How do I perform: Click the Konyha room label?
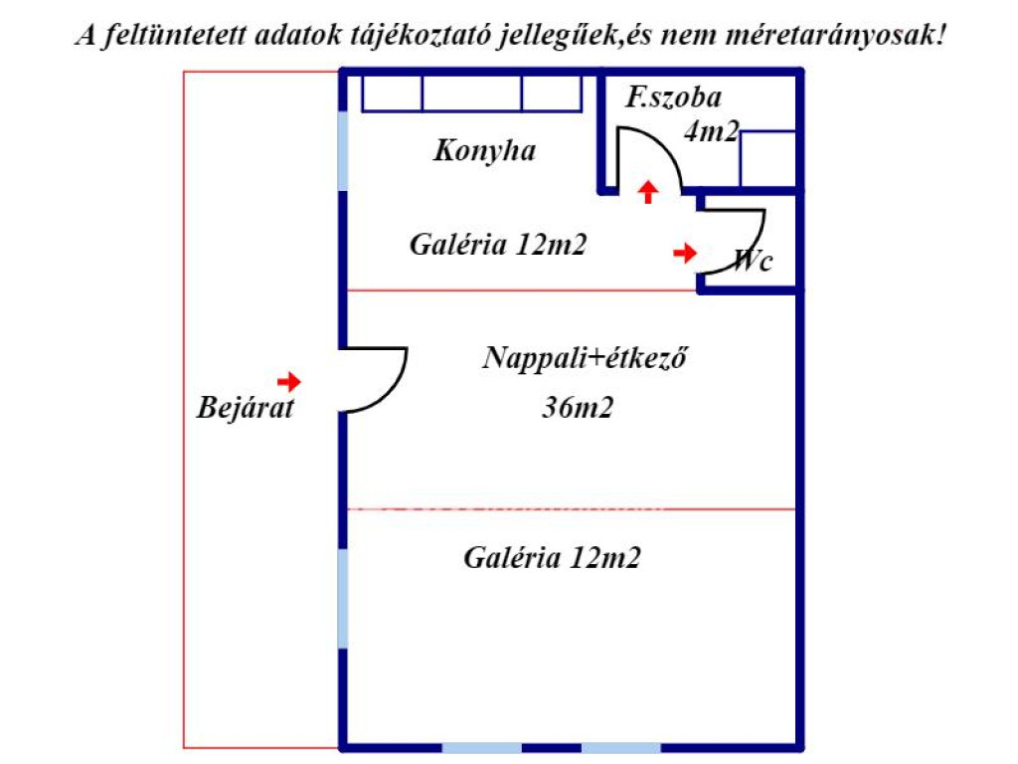click(x=484, y=151)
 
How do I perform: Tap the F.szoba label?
click(x=673, y=97)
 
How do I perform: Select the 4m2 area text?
click(x=712, y=132)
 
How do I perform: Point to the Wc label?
click(x=753, y=261)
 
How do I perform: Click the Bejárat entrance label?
click(x=246, y=408)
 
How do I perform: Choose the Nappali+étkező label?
click(x=585, y=358)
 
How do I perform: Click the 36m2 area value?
click(x=578, y=407)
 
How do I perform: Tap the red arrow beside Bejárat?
click(x=289, y=381)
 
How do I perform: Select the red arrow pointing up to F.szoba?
click(x=647, y=192)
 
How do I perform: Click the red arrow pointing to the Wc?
click(x=685, y=252)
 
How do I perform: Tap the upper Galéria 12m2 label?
click(x=498, y=245)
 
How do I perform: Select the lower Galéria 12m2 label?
click(x=552, y=558)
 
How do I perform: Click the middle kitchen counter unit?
click(x=472, y=94)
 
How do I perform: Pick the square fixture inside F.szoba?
click(x=768, y=159)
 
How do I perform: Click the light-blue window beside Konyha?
click(x=343, y=151)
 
